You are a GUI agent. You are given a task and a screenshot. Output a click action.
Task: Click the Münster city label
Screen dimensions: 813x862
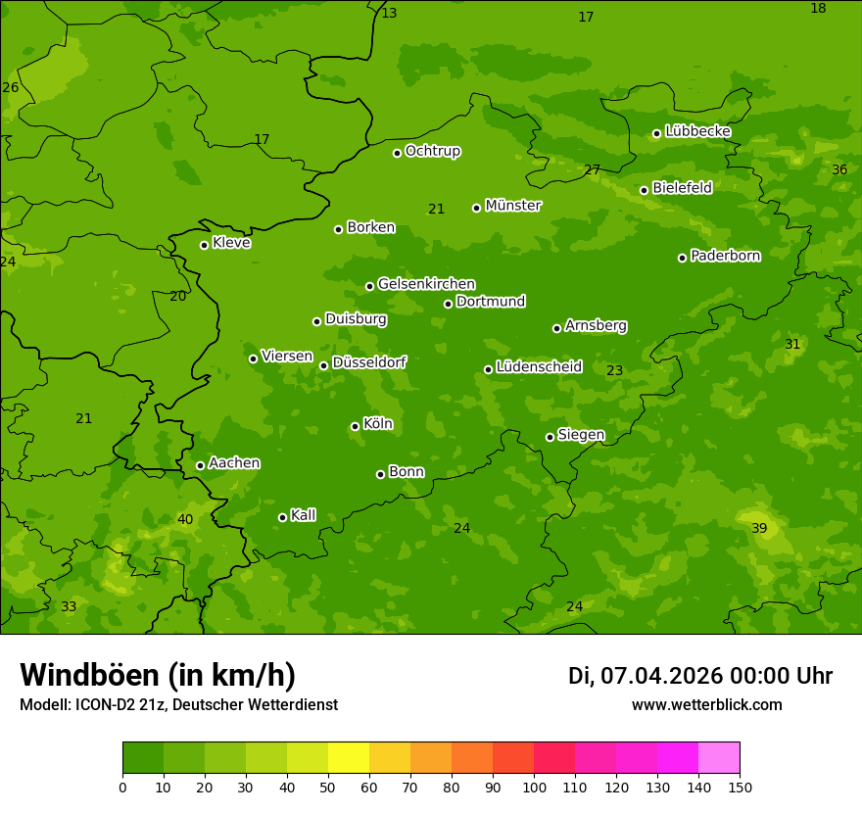click(513, 206)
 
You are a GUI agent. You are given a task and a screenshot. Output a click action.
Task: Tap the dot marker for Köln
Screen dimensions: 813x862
click(355, 426)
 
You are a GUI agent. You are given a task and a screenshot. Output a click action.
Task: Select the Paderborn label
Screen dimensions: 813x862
click(725, 256)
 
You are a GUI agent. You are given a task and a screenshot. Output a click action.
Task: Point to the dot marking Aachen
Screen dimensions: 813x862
click(200, 465)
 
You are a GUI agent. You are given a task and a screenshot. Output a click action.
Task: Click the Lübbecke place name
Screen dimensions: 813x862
click(697, 131)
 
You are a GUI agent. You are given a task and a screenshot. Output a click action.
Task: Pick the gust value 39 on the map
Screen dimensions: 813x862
click(759, 529)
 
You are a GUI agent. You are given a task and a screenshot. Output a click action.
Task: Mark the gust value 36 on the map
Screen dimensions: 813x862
click(839, 170)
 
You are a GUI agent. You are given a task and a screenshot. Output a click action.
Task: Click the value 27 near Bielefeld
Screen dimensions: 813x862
click(592, 170)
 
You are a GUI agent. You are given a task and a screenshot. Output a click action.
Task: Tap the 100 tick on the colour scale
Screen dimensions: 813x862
click(534, 787)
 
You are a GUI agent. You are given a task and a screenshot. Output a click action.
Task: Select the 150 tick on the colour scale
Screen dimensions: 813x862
click(740, 787)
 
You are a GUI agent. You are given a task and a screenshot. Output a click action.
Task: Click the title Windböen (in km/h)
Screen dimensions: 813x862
click(158, 675)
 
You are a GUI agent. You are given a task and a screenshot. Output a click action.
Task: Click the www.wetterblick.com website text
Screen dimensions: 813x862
click(706, 705)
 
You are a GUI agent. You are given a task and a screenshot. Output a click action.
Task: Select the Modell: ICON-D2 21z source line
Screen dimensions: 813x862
click(178, 705)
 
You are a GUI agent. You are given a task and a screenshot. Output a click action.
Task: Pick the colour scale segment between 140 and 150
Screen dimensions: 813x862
click(719, 758)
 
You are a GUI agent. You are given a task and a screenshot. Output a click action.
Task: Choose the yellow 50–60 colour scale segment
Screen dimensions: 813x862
click(349, 758)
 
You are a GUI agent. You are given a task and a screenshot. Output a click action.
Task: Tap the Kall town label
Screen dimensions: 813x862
click(304, 515)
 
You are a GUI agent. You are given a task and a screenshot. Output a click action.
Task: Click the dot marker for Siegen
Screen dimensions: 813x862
click(550, 437)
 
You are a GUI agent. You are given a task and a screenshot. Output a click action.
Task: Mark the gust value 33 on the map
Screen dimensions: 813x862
click(69, 607)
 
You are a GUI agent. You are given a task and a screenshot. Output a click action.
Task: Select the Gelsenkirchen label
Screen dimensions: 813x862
click(426, 284)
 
